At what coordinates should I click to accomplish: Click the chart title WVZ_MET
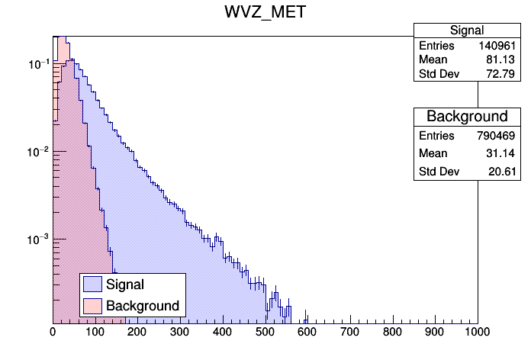[265, 13]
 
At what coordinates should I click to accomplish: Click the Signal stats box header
[467, 31]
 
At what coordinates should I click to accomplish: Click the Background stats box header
[467, 117]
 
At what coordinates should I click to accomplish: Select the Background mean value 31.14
[505, 154]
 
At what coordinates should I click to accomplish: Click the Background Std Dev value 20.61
[505, 173]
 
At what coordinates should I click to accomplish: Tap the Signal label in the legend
[125, 284]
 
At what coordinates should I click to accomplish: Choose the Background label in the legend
[143, 306]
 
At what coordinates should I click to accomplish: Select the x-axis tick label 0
[53, 333]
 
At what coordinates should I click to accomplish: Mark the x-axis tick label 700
[350, 333]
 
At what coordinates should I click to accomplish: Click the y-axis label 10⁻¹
[37, 64]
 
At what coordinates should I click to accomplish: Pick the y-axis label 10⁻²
[37, 152]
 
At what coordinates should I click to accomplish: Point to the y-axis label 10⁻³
[37, 239]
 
